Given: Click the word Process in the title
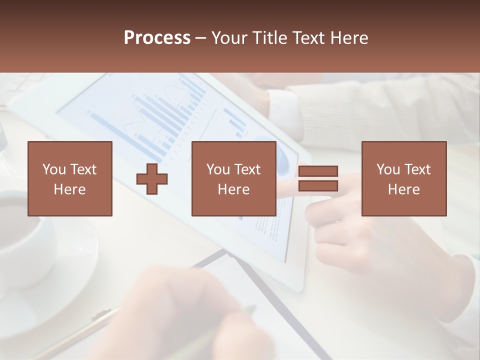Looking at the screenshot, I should (x=157, y=38).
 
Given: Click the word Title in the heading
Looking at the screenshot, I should (x=269, y=38).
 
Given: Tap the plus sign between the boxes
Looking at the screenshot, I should (x=152, y=179).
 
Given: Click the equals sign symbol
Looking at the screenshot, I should (x=318, y=179).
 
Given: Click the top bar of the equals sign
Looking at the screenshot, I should (x=318, y=171).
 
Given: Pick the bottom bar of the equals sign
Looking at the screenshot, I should (x=318, y=186).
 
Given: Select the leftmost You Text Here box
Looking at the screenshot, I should (x=69, y=178).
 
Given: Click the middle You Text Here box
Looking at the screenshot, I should (x=233, y=178).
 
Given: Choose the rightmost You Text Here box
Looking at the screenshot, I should (x=403, y=178).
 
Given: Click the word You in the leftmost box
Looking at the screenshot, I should (x=54, y=169).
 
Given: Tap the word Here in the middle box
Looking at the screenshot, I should (x=233, y=189).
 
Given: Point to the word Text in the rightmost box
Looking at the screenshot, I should (x=417, y=169).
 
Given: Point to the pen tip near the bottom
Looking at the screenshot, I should (x=250, y=309).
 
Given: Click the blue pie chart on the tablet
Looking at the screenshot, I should (x=282, y=159).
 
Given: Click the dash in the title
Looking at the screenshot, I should (x=201, y=38).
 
